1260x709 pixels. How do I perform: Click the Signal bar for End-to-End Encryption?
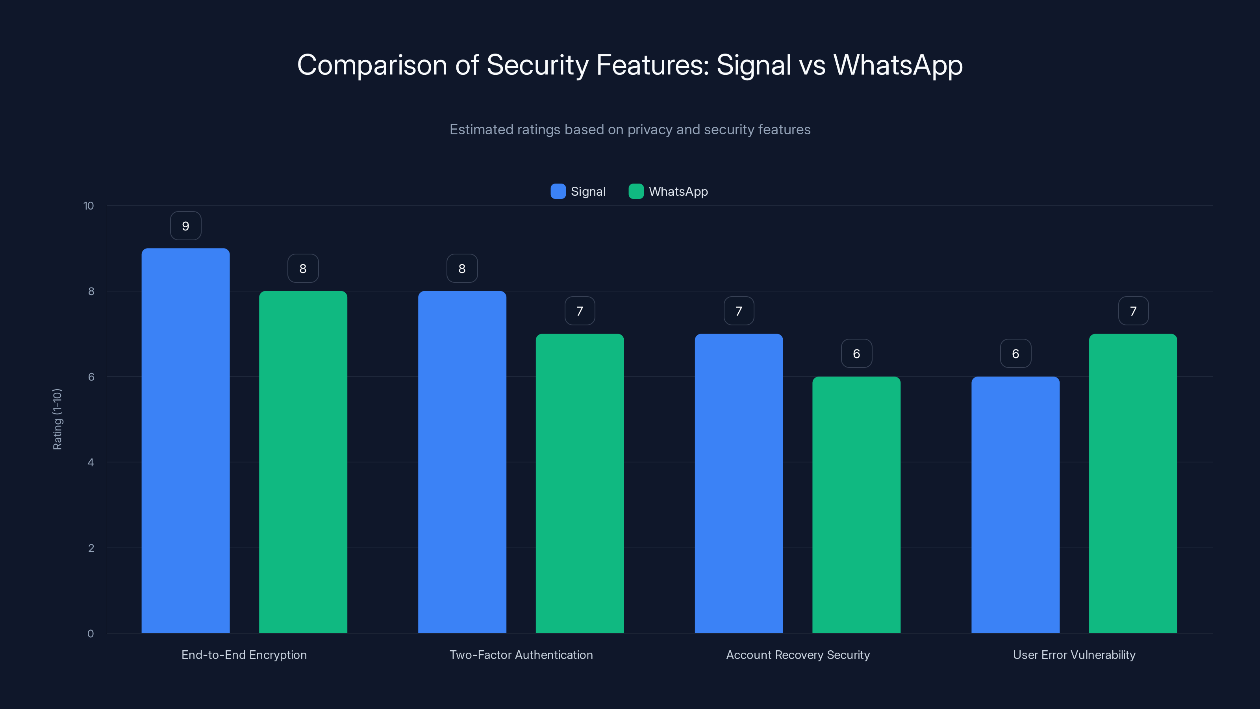click(185, 440)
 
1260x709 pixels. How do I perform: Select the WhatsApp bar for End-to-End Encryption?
click(303, 462)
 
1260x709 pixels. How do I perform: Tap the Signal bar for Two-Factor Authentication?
click(462, 462)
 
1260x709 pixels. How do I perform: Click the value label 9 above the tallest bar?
click(185, 226)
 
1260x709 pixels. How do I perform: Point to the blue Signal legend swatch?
click(558, 191)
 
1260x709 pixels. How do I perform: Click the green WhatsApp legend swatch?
click(636, 191)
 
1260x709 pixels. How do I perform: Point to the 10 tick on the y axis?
click(89, 206)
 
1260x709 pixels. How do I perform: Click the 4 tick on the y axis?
click(91, 462)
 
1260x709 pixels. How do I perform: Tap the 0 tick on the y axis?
click(91, 634)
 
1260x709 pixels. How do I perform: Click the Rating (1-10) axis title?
click(57, 419)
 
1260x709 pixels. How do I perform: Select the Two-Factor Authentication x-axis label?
click(521, 655)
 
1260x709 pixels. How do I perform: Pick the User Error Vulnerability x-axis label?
click(1074, 655)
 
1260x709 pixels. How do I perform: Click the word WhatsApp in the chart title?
click(898, 65)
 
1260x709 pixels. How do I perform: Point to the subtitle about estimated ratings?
click(630, 130)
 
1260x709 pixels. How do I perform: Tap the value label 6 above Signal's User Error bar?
click(1015, 354)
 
